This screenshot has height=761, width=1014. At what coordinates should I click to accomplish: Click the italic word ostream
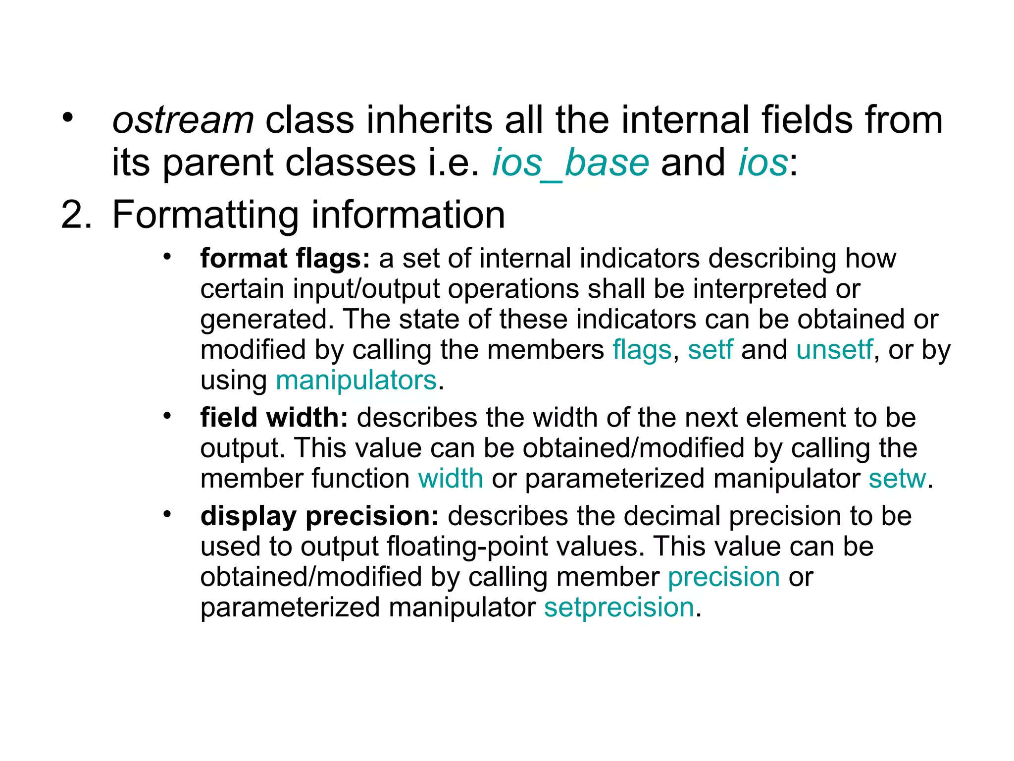coord(183,120)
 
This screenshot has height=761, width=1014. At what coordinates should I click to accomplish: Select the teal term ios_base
coord(570,163)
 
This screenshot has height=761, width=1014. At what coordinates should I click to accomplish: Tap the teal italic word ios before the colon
coord(762,163)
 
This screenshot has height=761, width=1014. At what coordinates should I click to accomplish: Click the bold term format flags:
coord(285,259)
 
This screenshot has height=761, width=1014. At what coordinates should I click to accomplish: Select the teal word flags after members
coord(642,350)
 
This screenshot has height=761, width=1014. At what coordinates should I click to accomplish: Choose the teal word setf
coord(710,350)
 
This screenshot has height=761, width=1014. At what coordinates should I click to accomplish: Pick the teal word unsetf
coord(834,350)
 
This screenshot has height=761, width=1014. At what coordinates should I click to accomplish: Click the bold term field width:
coord(274,418)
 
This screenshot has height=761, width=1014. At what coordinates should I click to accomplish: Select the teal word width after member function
coord(451,479)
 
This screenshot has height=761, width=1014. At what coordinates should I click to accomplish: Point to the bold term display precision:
coord(319,516)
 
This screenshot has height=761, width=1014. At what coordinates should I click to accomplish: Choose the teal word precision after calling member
coord(723,577)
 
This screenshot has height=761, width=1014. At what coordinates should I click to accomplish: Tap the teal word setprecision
coord(619,607)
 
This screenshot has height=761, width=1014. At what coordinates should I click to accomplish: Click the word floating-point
coord(468,546)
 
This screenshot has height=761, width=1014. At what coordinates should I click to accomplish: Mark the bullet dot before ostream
coord(67,118)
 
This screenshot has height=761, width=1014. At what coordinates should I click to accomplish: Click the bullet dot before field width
coord(167,416)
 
